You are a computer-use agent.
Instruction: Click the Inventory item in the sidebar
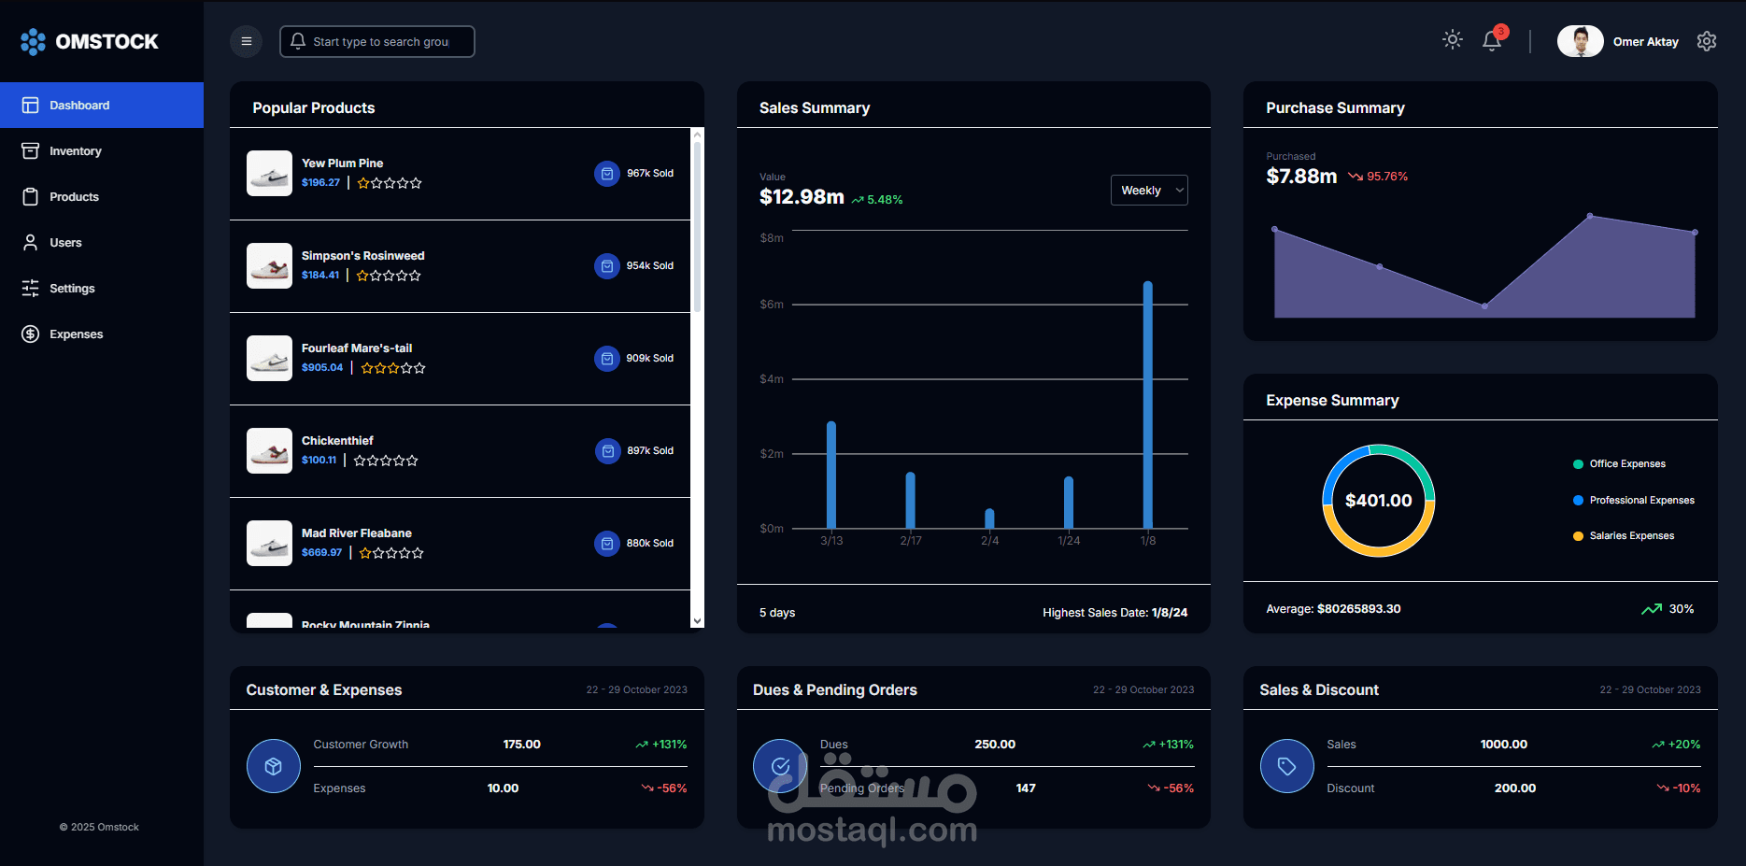(75, 151)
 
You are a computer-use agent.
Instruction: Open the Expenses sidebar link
(76, 334)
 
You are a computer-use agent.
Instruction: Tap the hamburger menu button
(247, 41)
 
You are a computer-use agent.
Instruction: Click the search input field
(380, 42)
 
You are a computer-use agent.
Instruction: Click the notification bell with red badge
(1492, 40)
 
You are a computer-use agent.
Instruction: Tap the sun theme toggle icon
(1452, 39)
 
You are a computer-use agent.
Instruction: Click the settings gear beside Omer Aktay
(1707, 41)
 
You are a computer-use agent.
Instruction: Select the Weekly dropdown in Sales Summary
(1149, 191)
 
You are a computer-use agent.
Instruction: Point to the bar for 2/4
(989, 518)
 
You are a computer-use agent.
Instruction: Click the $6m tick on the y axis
(772, 305)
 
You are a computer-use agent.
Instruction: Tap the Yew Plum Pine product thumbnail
(269, 174)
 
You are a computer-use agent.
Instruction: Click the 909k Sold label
(649, 359)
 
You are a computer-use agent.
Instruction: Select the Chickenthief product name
(337, 441)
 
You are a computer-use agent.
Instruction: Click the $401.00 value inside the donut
(1378, 501)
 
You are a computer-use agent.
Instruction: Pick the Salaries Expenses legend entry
(1631, 536)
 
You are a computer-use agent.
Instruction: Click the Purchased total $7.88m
(1301, 177)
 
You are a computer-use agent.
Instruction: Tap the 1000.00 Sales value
(1503, 745)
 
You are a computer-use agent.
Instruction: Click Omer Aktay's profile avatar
(1580, 41)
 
